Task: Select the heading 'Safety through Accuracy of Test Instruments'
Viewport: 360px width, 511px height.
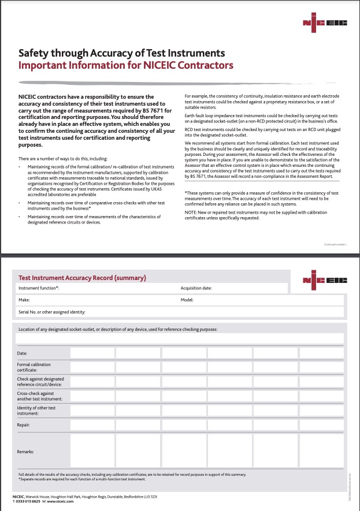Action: click(121, 53)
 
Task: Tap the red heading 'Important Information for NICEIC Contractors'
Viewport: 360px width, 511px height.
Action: click(126, 65)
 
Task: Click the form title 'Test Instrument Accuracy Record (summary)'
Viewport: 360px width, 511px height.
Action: click(82, 278)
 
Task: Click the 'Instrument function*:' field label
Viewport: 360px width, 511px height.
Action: click(39, 288)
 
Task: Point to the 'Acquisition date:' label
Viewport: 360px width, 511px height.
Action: click(196, 288)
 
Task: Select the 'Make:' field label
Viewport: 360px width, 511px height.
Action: click(24, 300)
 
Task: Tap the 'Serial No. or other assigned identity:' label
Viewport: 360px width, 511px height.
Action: click(52, 312)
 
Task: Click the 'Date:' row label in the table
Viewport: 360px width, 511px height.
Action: click(22, 353)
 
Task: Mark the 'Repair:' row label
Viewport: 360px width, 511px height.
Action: click(24, 425)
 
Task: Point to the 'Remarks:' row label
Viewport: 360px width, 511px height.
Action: click(25, 452)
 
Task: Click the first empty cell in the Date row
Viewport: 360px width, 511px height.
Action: click(91, 353)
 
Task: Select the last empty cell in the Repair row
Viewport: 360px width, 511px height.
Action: click(321, 425)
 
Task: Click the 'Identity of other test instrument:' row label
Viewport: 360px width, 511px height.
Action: click(36, 411)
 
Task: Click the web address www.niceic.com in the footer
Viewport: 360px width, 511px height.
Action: click(60, 501)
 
